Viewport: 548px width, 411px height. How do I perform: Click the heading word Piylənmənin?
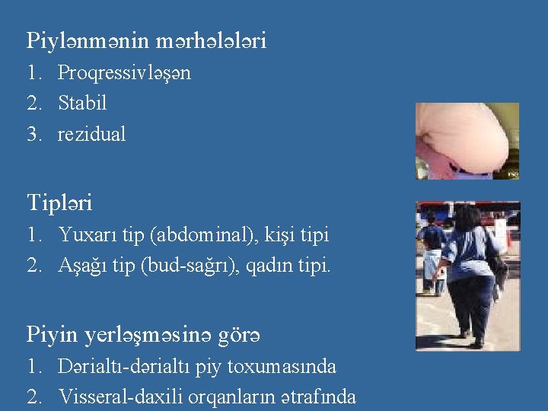[86, 40]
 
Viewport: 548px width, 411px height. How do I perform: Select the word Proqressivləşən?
[124, 73]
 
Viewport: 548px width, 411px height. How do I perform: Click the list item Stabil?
[82, 102]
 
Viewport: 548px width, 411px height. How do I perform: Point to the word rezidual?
[92, 134]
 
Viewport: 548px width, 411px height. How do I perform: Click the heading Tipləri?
[60, 203]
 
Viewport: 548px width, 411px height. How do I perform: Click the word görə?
[244, 334]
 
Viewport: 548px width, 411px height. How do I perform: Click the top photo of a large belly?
[467, 141]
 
